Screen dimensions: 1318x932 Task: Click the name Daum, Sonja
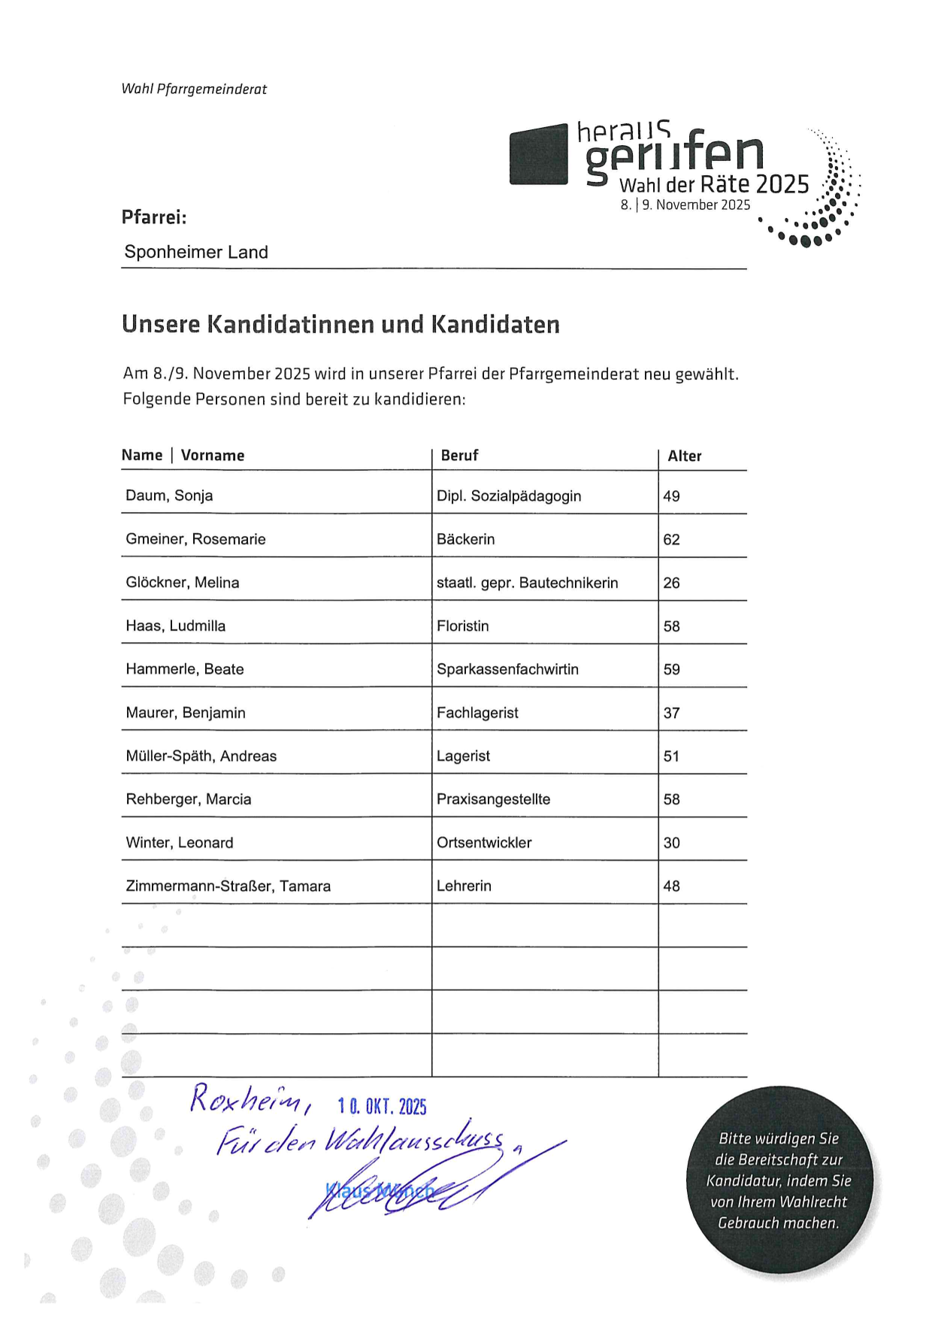click(169, 495)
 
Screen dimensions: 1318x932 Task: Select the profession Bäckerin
click(465, 539)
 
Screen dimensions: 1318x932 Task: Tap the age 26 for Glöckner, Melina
click(671, 583)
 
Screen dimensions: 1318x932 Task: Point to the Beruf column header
click(459, 456)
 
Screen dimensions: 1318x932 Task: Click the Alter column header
click(684, 456)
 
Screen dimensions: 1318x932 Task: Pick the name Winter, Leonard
click(180, 843)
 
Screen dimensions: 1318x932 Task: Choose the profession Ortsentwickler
click(484, 843)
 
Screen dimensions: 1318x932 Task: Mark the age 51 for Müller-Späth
click(671, 756)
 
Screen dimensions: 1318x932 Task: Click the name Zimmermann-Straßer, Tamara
click(228, 886)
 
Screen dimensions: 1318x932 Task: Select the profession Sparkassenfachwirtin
click(507, 669)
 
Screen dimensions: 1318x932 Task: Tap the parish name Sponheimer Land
click(196, 252)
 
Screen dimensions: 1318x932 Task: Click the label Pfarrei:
click(154, 217)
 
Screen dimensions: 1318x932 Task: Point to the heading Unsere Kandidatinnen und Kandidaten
click(340, 324)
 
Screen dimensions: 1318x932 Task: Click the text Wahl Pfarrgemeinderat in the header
click(194, 89)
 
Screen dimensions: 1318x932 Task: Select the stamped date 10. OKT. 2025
click(382, 1106)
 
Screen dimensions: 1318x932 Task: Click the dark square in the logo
click(538, 154)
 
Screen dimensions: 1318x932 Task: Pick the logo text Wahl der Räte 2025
click(713, 184)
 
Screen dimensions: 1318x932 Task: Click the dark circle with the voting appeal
click(779, 1180)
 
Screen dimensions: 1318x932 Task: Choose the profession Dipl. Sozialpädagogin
click(509, 496)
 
